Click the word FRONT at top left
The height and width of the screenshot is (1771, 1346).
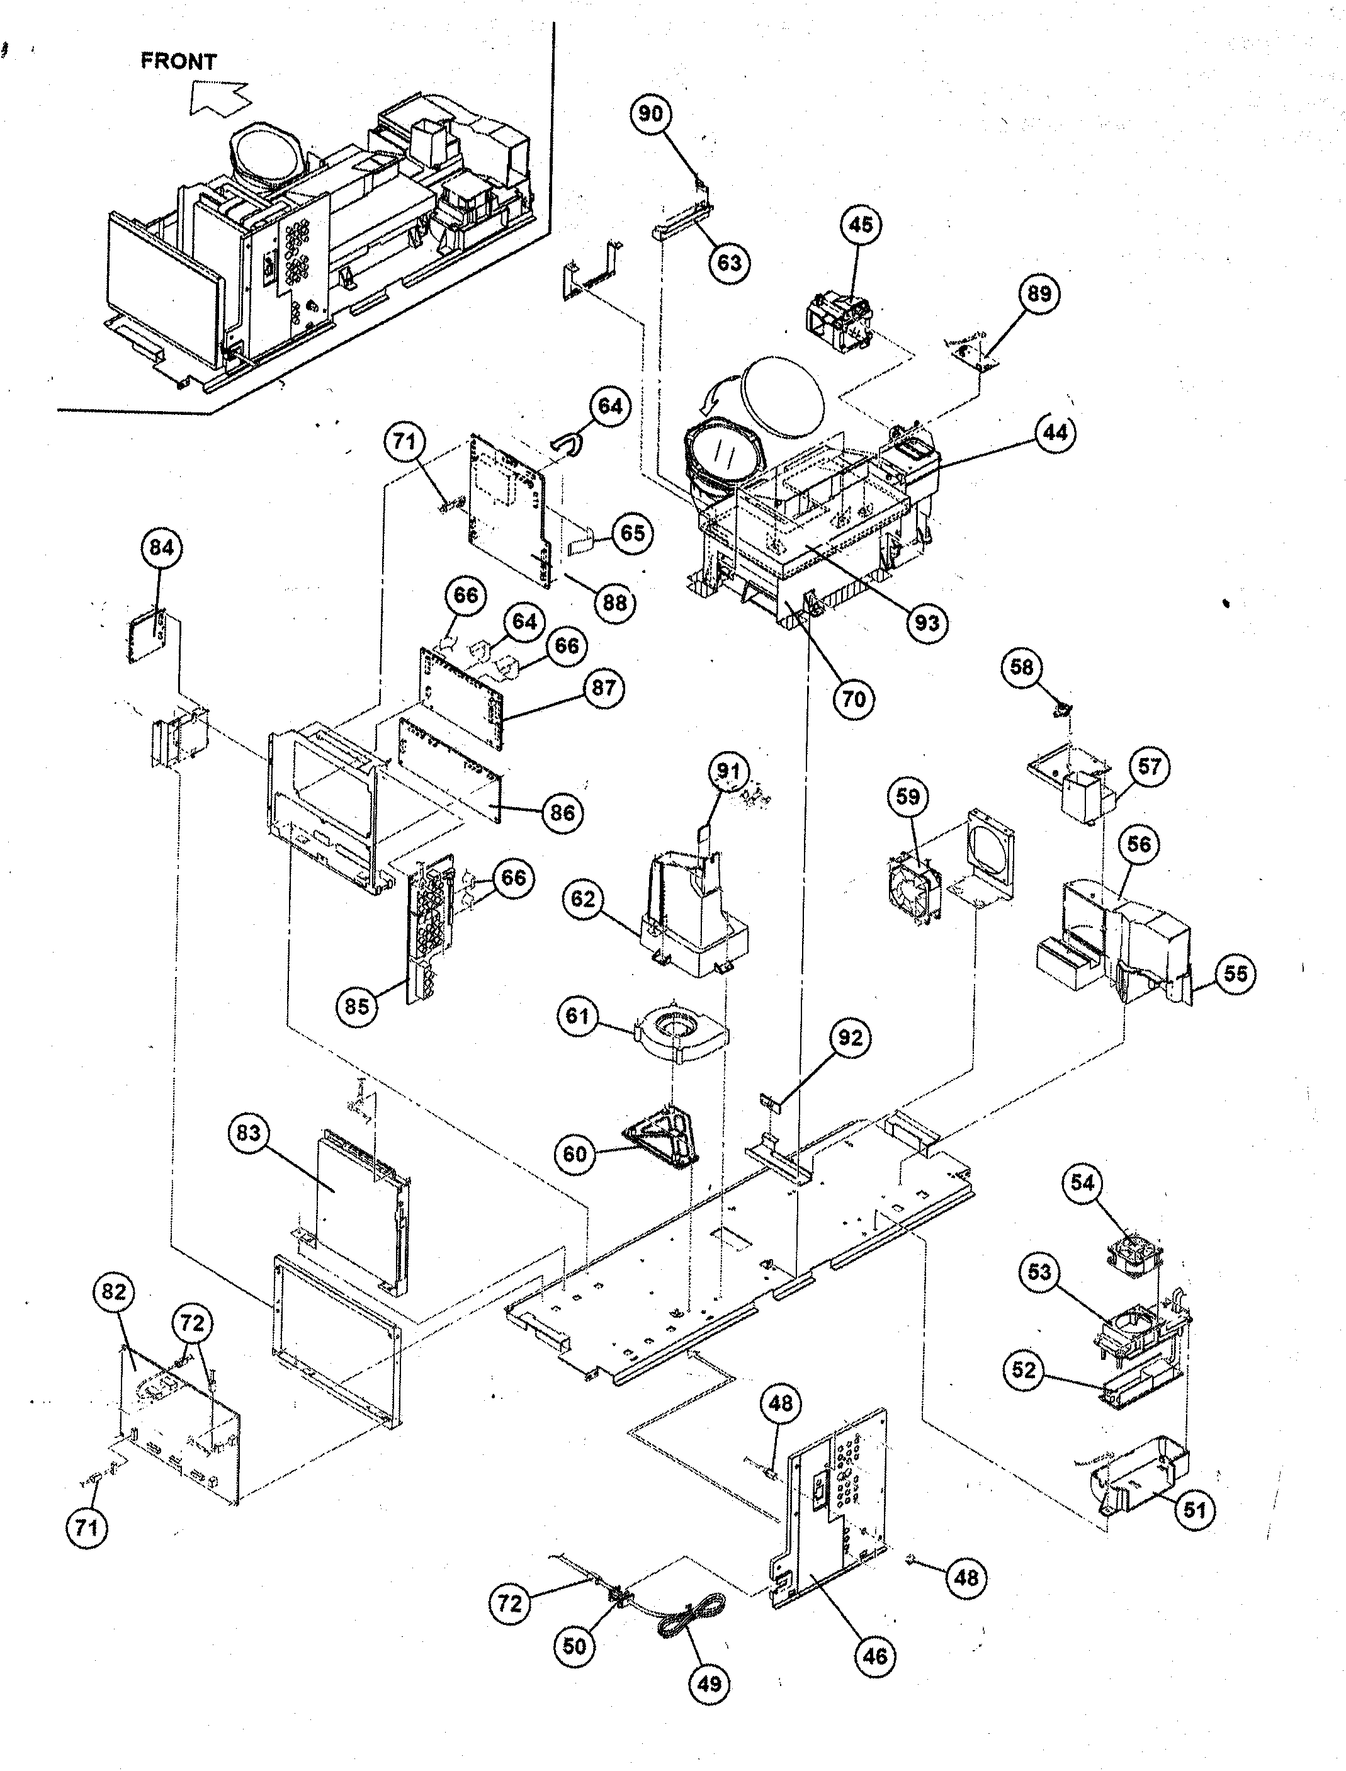tap(178, 62)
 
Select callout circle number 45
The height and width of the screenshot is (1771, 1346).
tap(861, 225)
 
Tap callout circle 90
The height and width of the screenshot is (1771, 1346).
tap(650, 114)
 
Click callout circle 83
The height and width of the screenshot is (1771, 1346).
tap(249, 1134)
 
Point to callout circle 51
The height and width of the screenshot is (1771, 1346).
tap(1194, 1510)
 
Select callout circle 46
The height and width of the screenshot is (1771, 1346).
tap(875, 1656)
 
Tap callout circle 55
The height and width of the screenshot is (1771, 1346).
tap(1235, 973)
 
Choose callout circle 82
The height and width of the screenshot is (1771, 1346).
tap(114, 1292)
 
